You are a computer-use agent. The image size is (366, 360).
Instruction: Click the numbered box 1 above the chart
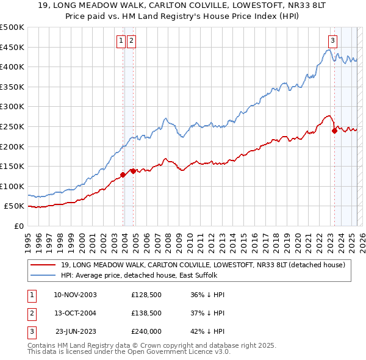pyautogui.click(x=121, y=41)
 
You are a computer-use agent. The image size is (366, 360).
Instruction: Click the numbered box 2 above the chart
pyautogui.click(x=132, y=41)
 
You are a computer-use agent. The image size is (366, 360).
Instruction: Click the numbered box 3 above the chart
pyautogui.click(x=332, y=41)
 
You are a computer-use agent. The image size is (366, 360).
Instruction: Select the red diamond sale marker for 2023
pyautogui.click(x=334, y=130)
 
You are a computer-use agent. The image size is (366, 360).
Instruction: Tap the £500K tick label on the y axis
pyautogui.click(x=12, y=27)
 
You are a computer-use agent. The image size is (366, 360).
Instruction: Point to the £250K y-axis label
pyautogui.click(x=12, y=126)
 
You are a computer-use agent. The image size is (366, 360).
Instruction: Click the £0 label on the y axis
pyautogui.click(x=19, y=226)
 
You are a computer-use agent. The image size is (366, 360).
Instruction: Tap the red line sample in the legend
pyautogui.click(x=43, y=265)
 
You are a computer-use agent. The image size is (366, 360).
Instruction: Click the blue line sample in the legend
pyautogui.click(x=43, y=275)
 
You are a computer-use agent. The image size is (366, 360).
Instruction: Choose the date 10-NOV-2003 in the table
pyautogui.click(x=75, y=295)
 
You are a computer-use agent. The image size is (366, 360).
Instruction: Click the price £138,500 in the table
pyautogui.click(x=146, y=313)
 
